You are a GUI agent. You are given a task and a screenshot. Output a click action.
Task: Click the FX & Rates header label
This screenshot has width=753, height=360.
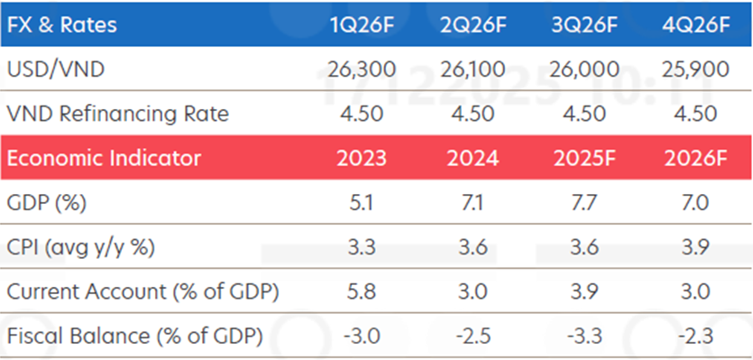coord(60,24)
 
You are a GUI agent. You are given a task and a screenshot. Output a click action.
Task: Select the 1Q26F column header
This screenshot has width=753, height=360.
coord(360,24)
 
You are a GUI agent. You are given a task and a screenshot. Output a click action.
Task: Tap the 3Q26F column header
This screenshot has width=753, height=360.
coord(583,24)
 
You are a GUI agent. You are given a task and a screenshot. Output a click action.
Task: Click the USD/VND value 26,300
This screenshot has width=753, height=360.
coord(360,69)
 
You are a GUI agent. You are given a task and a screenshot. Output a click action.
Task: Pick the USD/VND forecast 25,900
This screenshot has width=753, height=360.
coord(694,69)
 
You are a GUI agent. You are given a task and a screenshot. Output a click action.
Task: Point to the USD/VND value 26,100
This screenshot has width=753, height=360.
coord(471,69)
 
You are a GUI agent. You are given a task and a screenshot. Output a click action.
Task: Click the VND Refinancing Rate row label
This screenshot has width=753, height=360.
coord(117,114)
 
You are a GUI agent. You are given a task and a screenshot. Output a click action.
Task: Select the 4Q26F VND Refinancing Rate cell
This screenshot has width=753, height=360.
coord(694,114)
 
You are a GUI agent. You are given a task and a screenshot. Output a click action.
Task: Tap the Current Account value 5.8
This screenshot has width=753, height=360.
coord(360,292)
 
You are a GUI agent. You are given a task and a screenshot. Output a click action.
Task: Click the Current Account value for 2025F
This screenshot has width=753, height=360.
coord(583,292)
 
